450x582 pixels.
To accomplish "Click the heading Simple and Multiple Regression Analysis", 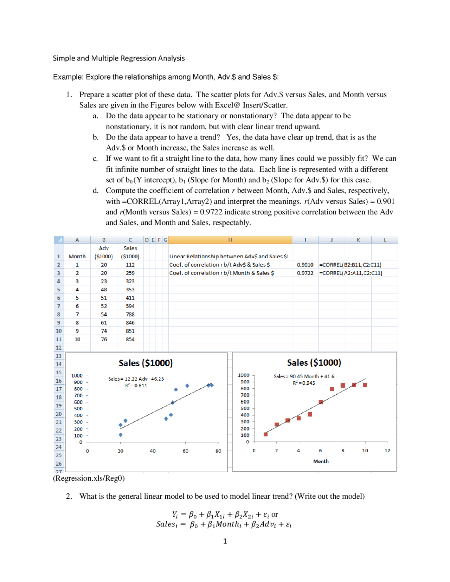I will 119,58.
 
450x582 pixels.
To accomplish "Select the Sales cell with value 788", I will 130,315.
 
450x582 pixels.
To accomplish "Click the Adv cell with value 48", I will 104,290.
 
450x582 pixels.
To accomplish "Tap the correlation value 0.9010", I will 305,265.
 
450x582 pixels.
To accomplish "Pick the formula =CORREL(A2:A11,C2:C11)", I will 351,273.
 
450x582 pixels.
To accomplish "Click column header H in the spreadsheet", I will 230,240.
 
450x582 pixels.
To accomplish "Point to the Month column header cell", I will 77,257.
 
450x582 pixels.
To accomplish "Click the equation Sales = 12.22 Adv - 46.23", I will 136,379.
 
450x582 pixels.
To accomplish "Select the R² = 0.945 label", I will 304,383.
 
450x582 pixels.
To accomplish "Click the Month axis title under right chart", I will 321,461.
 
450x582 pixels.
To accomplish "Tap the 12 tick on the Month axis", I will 387,451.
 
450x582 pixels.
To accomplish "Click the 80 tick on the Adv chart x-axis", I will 218,451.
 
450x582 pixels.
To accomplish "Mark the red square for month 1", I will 265,434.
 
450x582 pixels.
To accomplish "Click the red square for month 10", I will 365,385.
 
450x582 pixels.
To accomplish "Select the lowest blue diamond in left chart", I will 121,435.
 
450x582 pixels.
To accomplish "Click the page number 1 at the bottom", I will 225,541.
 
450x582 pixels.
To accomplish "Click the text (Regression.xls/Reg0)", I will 89,478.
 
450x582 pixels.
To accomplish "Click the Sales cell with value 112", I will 130,265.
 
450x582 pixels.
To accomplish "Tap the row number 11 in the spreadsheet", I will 59,339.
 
